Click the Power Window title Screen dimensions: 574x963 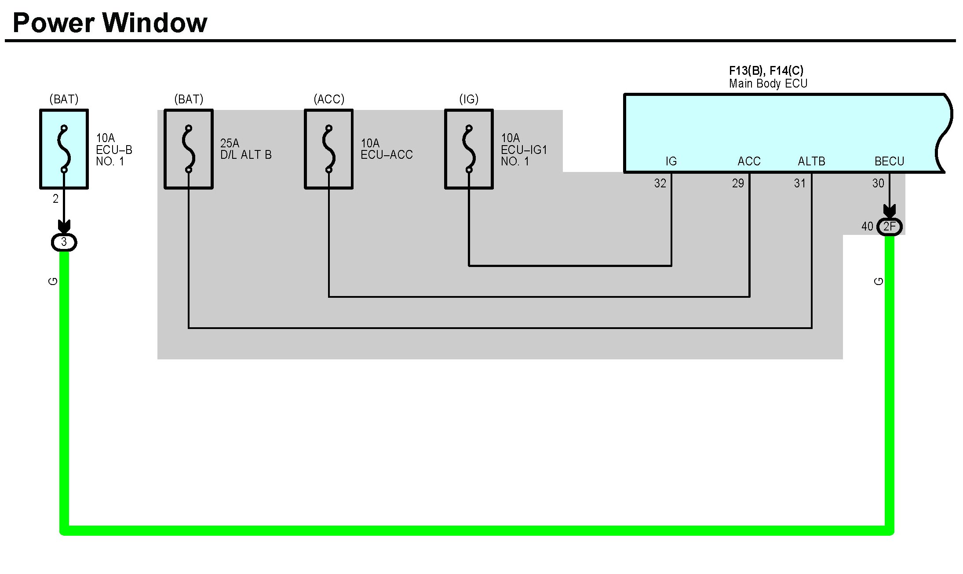(x=110, y=23)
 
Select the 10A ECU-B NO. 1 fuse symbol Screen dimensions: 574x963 (x=64, y=149)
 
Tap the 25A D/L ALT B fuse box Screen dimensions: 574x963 (x=189, y=149)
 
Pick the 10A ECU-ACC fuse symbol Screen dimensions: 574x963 (x=328, y=149)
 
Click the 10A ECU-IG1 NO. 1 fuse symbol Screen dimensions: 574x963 (x=469, y=149)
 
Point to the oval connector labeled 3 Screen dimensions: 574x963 (x=64, y=242)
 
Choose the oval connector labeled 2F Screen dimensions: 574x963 (x=890, y=227)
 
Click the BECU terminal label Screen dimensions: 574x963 (x=889, y=161)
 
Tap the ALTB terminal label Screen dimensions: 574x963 (x=811, y=161)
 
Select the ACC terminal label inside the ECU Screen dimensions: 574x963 (x=749, y=161)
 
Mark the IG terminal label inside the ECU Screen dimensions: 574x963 (x=671, y=161)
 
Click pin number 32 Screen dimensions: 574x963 (x=660, y=183)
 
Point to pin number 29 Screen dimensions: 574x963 (x=738, y=183)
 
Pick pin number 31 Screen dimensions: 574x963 (x=800, y=183)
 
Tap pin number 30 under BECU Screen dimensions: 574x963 (x=878, y=183)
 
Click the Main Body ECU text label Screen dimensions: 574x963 (x=768, y=84)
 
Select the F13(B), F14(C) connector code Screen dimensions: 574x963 (x=766, y=70)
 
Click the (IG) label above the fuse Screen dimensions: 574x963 (x=469, y=99)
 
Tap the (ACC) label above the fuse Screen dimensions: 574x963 (x=329, y=99)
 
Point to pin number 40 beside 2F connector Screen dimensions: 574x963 (x=867, y=227)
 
